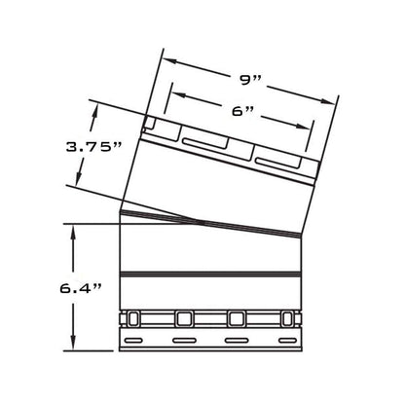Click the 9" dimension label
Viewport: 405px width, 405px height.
(x=249, y=80)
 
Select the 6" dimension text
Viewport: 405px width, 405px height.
(x=242, y=111)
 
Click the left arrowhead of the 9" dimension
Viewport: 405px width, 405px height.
(x=169, y=60)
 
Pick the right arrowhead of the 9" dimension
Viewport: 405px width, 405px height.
(x=328, y=101)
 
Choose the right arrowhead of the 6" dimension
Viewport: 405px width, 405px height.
(x=304, y=127)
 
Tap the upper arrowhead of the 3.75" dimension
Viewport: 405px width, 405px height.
(x=94, y=113)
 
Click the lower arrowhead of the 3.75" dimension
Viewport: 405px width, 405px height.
(x=78, y=178)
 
